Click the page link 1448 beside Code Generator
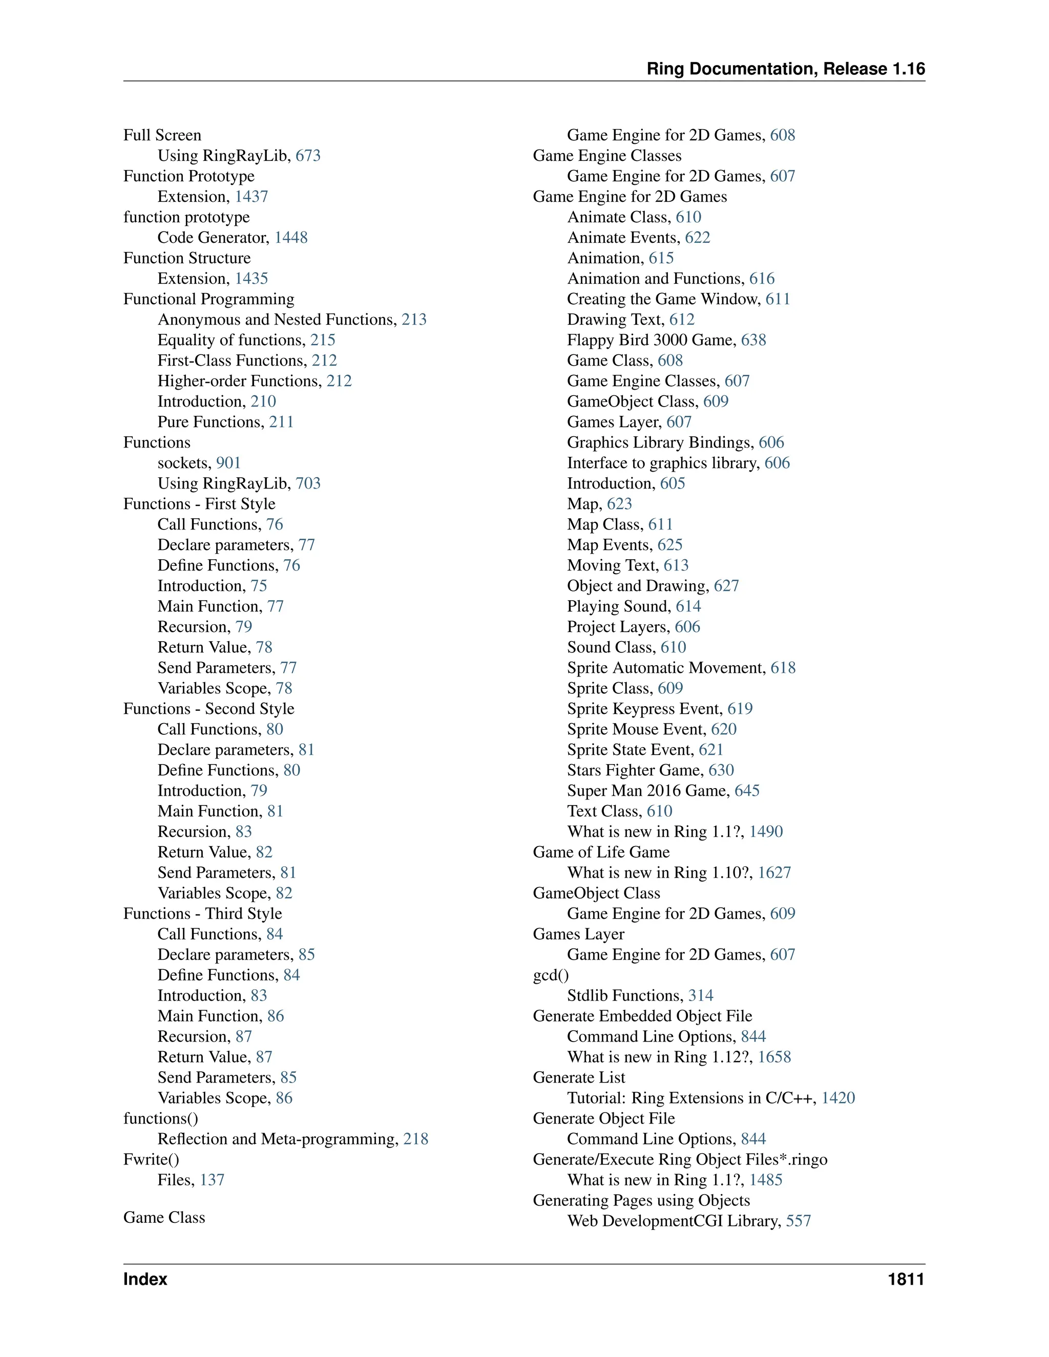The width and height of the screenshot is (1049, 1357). point(291,238)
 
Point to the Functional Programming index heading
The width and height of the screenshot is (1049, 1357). point(209,299)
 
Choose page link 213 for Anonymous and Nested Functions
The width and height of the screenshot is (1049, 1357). point(414,320)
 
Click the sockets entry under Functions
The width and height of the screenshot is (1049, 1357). point(184,463)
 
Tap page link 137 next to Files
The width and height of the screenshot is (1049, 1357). point(212,1180)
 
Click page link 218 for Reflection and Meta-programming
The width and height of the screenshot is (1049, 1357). point(416,1139)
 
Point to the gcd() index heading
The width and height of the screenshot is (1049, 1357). point(551,975)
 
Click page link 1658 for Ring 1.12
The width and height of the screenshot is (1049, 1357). point(774,1057)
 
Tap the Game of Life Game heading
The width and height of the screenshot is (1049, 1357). point(601,852)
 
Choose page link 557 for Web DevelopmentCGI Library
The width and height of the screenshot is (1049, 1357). point(799,1221)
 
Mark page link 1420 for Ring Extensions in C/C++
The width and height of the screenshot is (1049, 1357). point(838,1098)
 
